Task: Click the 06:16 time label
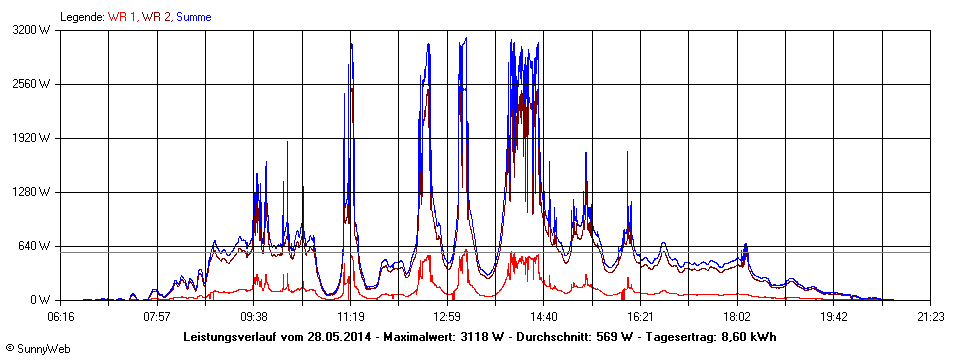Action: click(61, 317)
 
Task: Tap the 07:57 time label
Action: click(157, 317)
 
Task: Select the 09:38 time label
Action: click(254, 317)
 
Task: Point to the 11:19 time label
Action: click(351, 317)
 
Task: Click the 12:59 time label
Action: click(447, 317)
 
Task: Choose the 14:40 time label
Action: click(544, 317)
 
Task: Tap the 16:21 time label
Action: click(641, 317)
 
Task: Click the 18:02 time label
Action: click(737, 317)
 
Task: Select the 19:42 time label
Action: click(834, 317)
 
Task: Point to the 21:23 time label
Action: click(930, 317)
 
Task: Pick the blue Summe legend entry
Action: click(194, 17)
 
